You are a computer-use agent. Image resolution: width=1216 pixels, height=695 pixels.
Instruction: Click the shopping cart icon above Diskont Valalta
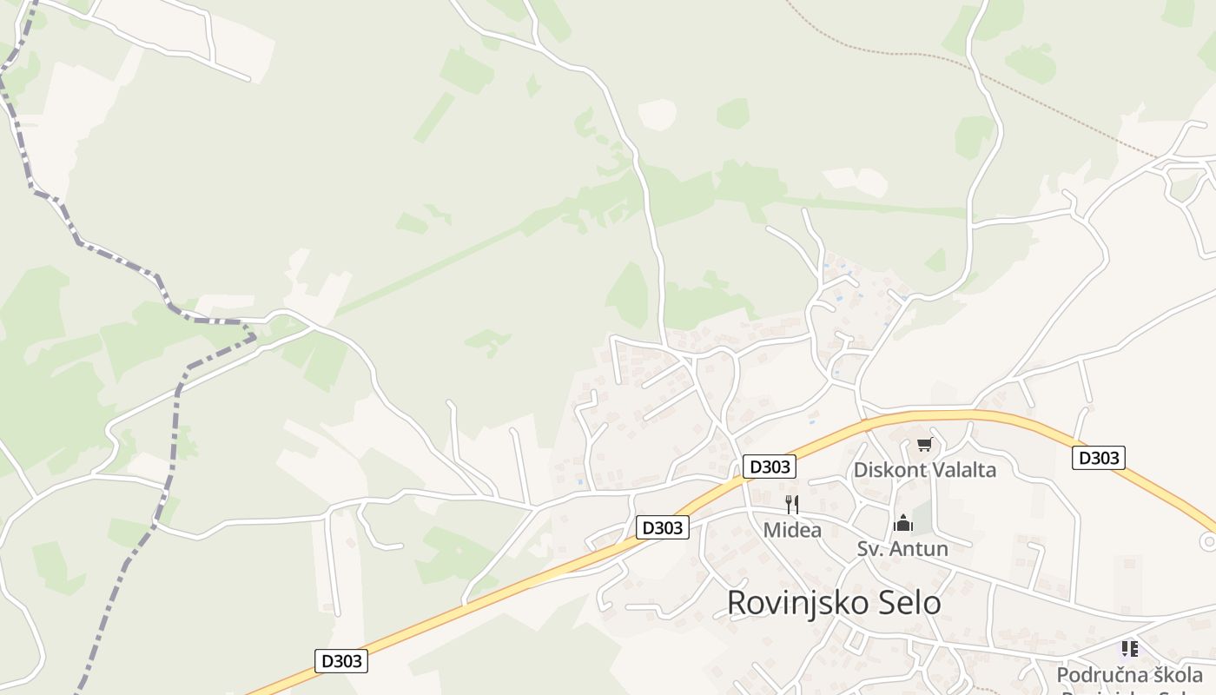[924, 445]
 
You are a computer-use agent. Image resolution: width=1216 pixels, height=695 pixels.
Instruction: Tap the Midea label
[792, 530]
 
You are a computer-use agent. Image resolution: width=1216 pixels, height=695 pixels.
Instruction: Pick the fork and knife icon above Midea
[792, 505]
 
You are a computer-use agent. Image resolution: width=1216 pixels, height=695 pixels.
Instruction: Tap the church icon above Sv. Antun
[903, 524]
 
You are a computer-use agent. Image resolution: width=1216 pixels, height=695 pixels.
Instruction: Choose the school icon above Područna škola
[1129, 648]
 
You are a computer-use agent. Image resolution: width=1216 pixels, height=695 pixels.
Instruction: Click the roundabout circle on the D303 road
[1208, 542]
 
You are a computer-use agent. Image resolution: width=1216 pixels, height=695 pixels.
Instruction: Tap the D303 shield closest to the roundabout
[1098, 458]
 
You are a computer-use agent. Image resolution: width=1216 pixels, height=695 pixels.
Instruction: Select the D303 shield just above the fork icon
[770, 467]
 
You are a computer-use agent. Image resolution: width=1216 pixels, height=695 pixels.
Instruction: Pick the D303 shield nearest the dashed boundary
[341, 661]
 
